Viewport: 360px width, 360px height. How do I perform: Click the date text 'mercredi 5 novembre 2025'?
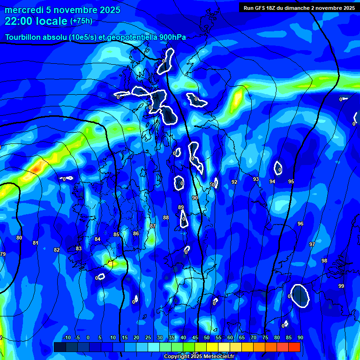[62, 10]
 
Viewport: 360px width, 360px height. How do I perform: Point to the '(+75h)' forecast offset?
[81, 21]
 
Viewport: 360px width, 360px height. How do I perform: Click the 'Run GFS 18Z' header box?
[299, 7]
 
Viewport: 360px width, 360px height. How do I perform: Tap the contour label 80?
[19, 238]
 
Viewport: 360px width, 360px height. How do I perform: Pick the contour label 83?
[79, 248]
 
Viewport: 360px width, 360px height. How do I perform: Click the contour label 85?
[116, 234]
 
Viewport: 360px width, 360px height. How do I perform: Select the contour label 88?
[166, 217]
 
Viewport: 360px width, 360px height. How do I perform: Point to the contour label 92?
[234, 182]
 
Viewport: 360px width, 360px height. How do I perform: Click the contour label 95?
[291, 181]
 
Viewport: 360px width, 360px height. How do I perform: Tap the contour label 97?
[312, 244]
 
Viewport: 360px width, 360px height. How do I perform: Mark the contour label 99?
[341, 286]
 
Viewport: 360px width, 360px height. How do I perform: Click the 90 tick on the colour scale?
[300, 337]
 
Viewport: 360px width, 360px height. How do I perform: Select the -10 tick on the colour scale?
[67, 337]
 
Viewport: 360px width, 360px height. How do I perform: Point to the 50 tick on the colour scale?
[207, 337]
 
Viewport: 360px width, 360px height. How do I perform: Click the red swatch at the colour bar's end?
[294, 347]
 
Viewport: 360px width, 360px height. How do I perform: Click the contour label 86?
[136, 233]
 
